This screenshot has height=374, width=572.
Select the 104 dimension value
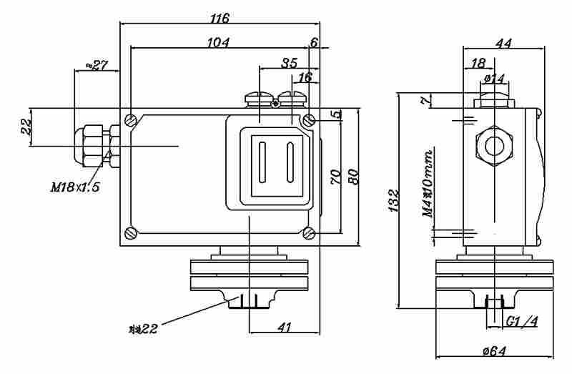[218, 42]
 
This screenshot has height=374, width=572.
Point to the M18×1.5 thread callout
[75, 187]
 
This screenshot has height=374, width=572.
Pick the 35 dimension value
[289, 63]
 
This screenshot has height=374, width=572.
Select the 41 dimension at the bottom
[285, 327]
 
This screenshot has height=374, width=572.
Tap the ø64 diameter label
[495, 350]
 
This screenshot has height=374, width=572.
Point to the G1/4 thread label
[521, 322]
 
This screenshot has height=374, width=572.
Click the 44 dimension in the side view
[503, 43]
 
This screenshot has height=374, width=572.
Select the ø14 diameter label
[495, 77]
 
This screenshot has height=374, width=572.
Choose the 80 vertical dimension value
[352, 177]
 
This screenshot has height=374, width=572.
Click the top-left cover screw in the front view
[130, 119]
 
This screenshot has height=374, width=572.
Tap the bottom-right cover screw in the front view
[308, 232]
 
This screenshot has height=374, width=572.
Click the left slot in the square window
[262, 163]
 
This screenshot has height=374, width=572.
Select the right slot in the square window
[290, 163]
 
